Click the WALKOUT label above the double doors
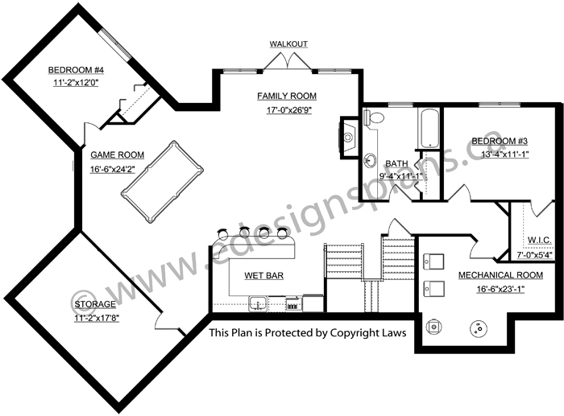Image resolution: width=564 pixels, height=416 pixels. pyautogui.click(x=288, y=43)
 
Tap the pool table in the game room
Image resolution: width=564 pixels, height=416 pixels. pyautogui.click(x=162, y=182)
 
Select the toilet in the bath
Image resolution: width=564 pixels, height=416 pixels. pyautogui.click(x=374, y=117)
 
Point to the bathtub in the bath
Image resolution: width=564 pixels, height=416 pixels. pyautogui.click(x=429, y=128)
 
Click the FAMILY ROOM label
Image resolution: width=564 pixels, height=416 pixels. pyautogui.click(x=287, y=96)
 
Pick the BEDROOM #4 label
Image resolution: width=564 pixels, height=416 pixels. pyautogui.click(x=76, y=70)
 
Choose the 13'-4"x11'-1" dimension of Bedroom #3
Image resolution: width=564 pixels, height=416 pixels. pyautogui.click(x=504, y=154)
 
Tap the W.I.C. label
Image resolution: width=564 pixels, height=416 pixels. pyautogui.click(x=539, y=240)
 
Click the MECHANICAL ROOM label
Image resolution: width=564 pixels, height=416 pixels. pyautogui.click(x=500, y=275)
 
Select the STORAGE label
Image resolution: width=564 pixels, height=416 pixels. pyautogui.click(x=95, y=304)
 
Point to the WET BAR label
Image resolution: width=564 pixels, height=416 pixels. pyautogui.click(x=263, y=275)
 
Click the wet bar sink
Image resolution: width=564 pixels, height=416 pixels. pyautogui.click(x=258, y=303)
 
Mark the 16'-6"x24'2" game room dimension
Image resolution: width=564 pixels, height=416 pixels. pyautogui.click(x=113, y=169)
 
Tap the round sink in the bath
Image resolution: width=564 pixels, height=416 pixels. pyautogui.click(x=370, y=160)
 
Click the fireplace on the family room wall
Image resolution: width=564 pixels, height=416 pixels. pyautogui.click(x=348, y=137)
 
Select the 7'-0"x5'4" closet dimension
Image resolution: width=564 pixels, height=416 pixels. pyautogui.click(x=534, y=255)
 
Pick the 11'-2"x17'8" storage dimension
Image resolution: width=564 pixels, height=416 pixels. pyautogui.click(x=97, y=318)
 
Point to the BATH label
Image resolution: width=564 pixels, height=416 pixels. pyautogui.click(x=396, y=163)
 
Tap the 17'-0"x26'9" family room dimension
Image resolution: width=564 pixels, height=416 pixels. pyautogui.click(x=288, y=110)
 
